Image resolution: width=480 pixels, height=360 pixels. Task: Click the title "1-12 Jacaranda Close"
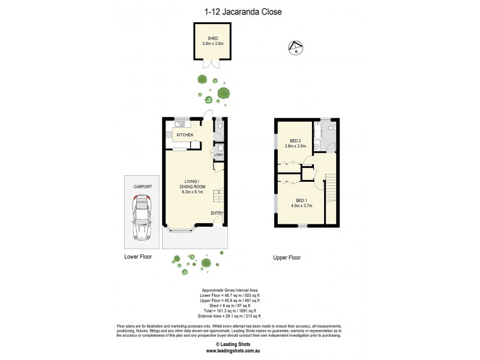[240, 11]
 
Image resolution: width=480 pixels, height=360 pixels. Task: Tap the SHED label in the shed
[213, 38]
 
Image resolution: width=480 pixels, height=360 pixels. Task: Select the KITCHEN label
[184, 135]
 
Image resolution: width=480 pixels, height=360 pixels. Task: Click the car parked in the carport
[142, 218]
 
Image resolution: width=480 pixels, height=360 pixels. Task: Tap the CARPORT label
[142, 187]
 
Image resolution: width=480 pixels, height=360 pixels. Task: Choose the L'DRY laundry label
[219, 155]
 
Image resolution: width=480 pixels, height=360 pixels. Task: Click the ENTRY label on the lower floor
[217, 213]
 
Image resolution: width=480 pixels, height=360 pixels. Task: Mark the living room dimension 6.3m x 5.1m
[193, 192]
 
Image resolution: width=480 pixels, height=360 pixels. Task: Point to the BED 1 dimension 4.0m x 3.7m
[301, 206]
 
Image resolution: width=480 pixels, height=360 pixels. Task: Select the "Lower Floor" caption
[138, 256]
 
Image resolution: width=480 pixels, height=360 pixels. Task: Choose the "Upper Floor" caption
[287, 257]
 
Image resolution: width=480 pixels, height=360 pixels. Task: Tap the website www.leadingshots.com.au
[240, 352]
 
